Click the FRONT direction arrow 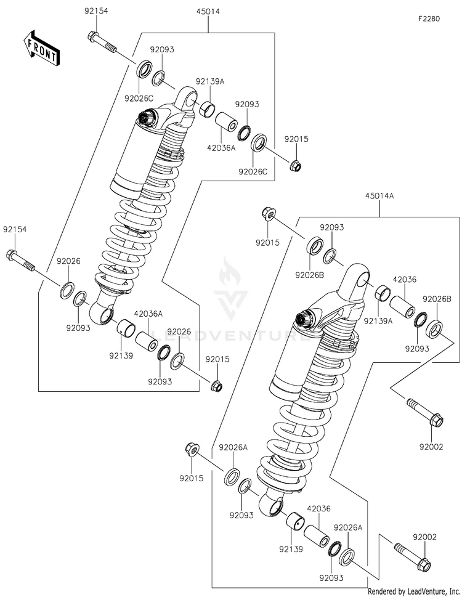point(41,47)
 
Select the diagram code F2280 point(429,18)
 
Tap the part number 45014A point(379,196)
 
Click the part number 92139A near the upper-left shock point(210,81)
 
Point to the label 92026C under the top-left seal point(139,99)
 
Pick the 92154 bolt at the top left point(102,43)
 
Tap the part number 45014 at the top point(208,12)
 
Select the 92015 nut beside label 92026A point(192,450)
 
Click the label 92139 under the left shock point(121,355)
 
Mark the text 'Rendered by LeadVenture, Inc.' point(414,591)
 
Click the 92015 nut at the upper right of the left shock point(296,165)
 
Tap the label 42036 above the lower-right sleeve point(319,508)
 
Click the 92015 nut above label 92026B point(269,214)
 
